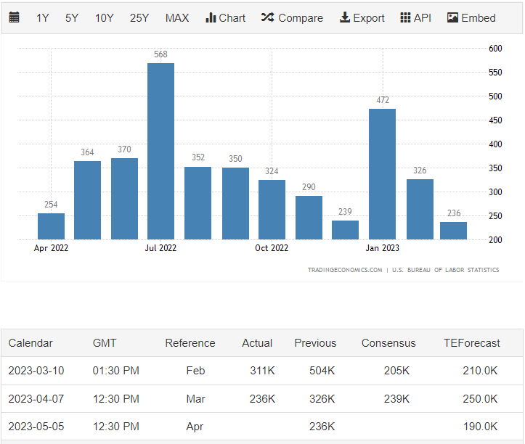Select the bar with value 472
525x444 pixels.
382,174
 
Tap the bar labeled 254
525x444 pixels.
51,226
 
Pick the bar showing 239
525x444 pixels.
345,230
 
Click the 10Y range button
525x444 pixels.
105,18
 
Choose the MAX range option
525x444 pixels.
177,18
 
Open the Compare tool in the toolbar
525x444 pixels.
292,18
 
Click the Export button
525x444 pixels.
362,18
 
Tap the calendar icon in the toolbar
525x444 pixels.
15,18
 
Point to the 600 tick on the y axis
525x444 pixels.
495,49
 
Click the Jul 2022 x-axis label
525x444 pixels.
160,248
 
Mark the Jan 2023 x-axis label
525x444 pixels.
382,248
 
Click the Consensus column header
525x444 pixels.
388,343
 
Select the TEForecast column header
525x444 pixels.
472,343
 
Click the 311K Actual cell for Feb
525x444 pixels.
262,371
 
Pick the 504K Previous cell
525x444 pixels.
322,371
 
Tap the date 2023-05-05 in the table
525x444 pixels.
36,427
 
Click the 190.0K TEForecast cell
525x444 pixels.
480,427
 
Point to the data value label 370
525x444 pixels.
124,150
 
